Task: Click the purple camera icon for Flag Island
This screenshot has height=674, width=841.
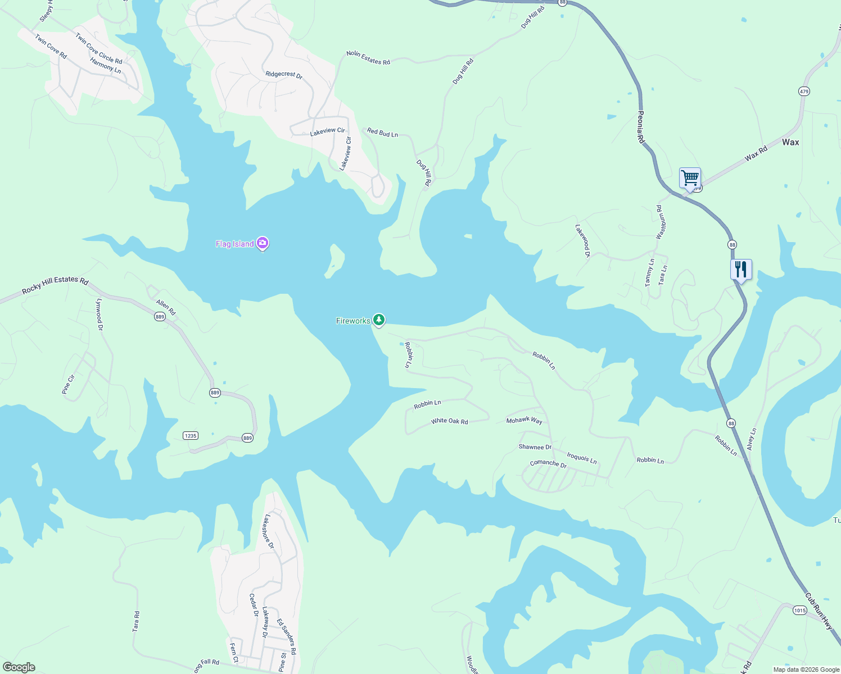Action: [x=263, y=243]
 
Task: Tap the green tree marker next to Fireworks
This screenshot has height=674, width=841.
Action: [x=379, y=320]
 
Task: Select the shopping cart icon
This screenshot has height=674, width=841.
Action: [x=690, y=178]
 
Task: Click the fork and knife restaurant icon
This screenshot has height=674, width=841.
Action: [x=741, y=270]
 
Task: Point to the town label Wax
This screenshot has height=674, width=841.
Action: [x=790, y=142]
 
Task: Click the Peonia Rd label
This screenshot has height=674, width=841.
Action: [x=641, y=127]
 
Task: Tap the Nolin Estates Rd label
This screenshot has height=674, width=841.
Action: [x=368, y=57]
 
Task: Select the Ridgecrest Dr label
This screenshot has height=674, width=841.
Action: [x=284, y=75]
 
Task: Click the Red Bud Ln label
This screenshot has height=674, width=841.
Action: [x=382, y=133]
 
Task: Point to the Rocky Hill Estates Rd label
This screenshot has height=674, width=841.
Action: [x=55, y=285]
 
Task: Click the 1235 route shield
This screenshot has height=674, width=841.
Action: [x=191, y=436]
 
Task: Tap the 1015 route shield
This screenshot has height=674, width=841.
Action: [x=799, y=611]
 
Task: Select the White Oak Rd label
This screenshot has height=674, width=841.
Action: [x=449, y=421]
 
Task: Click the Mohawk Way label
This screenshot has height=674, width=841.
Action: [x=524, y=420]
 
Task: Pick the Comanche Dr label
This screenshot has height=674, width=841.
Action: [x=548, y=464]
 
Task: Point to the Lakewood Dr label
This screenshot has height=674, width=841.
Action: [x=582, y=241]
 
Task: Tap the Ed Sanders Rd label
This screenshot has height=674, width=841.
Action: [x=286, y=636]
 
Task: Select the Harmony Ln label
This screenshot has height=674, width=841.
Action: [x=106, y=66]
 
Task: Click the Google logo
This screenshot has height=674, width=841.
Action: [x=19, y=667]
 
